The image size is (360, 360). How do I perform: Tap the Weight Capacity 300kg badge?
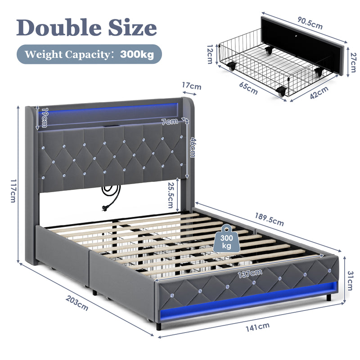coord(89,54)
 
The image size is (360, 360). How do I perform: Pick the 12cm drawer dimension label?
coord(209,54)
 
